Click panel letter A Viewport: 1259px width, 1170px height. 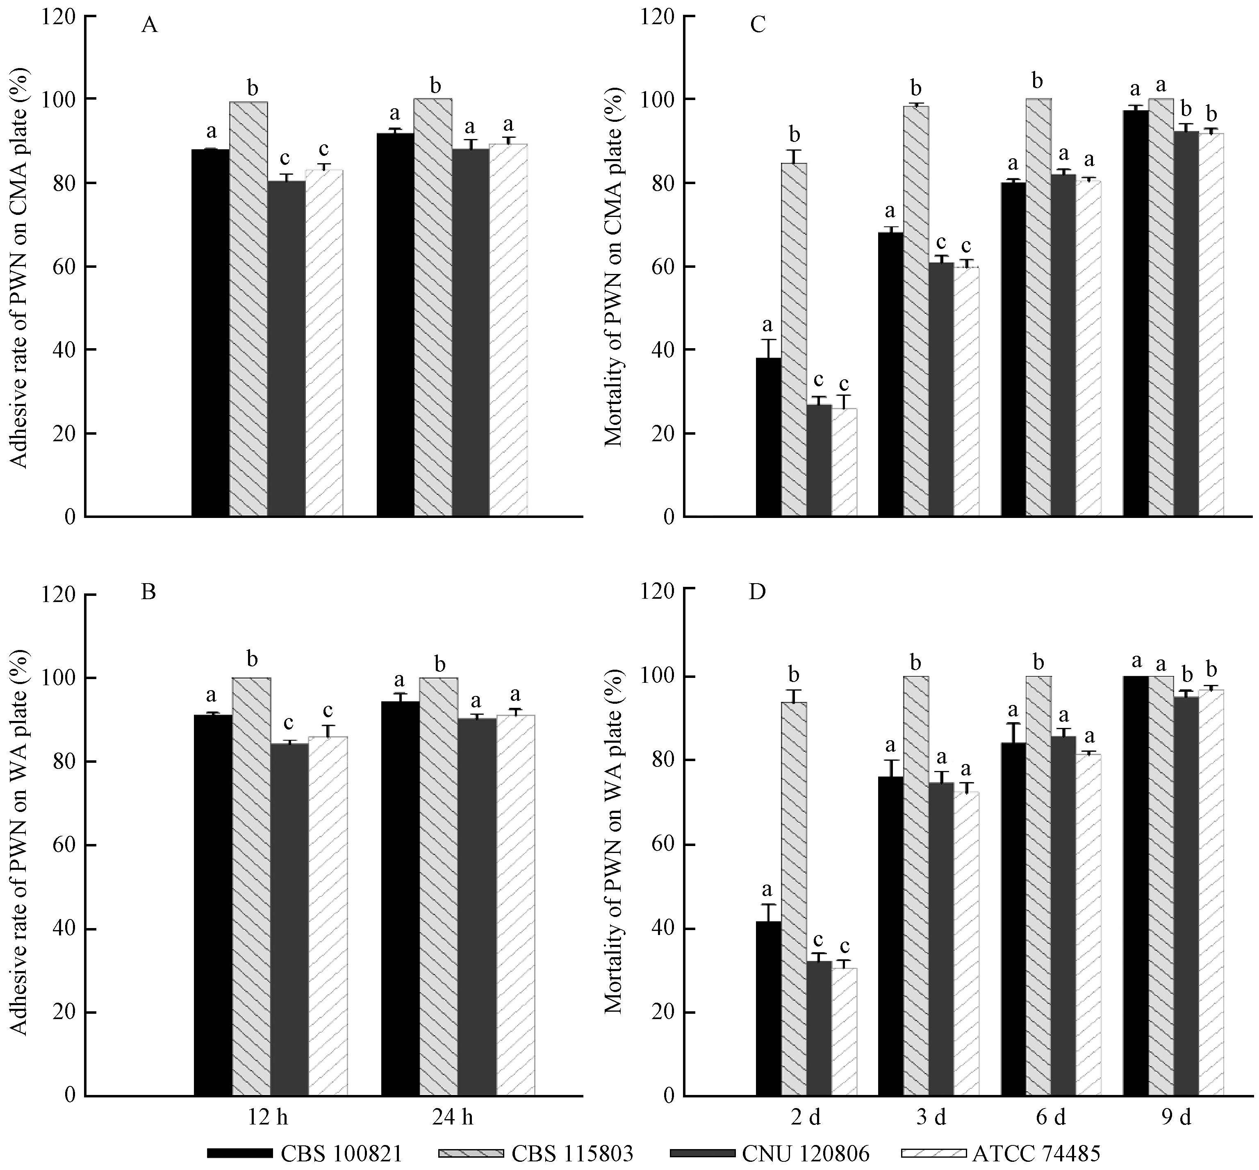click(x=149, y=25)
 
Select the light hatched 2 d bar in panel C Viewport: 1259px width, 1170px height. click(x=794, y=340)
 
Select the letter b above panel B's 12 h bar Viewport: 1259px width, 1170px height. click(x=252, y=660)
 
